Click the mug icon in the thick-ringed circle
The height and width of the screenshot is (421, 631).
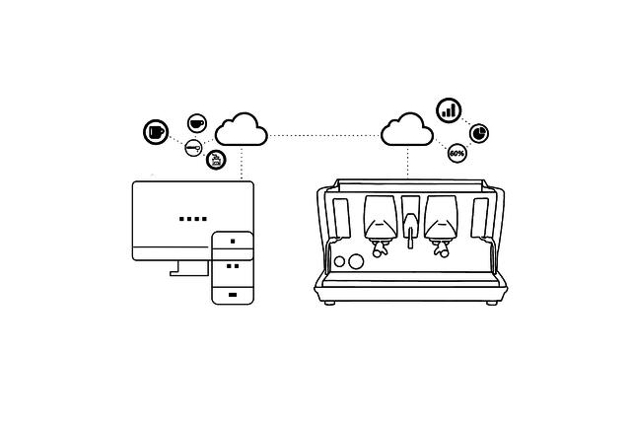coord(156,131)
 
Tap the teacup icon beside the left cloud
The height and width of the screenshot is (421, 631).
coord(197,123)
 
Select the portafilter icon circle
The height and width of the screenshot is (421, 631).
coord(193,148)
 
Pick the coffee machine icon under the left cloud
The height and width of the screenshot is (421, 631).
coord(216,160)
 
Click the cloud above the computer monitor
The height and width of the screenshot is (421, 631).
coord(242,129)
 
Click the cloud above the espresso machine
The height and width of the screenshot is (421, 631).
coord(407,129)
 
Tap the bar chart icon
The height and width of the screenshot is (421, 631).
coord(449,109)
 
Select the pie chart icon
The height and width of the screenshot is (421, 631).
coord(479,133)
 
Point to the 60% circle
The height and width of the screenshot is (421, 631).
coord(456,154)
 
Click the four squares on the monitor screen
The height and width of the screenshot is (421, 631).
coord(193,219)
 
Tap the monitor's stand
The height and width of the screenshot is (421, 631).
coord(189,268)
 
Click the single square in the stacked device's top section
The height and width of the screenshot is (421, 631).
coord(233,242)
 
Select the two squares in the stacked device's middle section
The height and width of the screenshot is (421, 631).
coord(233,266)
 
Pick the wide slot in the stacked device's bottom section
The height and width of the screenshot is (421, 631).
coord(233,295)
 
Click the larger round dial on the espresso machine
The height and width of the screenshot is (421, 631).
coord(356,261)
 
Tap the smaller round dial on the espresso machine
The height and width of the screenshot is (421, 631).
coord(339,261)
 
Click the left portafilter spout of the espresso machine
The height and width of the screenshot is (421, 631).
coord(379,247)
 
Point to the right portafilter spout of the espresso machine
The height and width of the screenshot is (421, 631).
coord(441,247)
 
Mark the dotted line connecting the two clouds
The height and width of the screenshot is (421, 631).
coord(324,136)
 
